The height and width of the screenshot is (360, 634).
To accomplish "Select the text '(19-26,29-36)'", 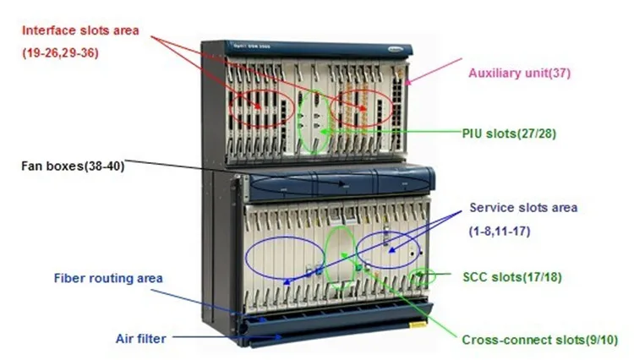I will coord(63,52).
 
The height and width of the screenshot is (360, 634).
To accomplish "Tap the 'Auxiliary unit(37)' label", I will coord(520,74).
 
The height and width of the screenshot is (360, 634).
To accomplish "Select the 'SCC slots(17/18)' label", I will coord(513,276).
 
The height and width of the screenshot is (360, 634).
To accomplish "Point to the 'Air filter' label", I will coord(140,338).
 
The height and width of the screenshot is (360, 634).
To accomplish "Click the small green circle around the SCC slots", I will coord(420,276).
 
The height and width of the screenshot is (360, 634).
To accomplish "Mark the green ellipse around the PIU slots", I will coord(314,123).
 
